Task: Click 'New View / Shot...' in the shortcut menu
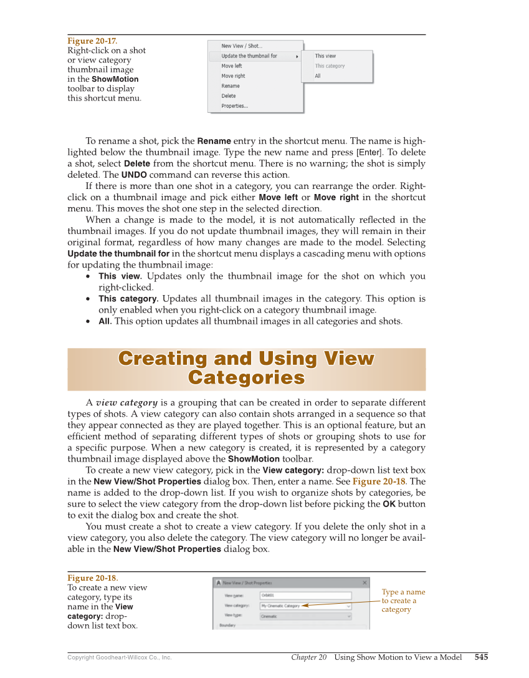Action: [242, 46]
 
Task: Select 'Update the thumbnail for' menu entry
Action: [249, 56]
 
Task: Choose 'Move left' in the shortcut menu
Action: [232, 66]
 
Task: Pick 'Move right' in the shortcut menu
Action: [233, 76]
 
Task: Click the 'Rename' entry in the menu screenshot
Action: [231, 86]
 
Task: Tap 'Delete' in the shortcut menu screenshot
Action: [229, 96]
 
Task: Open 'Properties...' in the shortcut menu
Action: [234, 106]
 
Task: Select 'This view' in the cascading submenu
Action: [325, 56]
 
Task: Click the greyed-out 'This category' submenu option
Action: [330, 66]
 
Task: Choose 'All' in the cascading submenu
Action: [318, 76]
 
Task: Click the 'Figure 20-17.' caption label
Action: [92, 41]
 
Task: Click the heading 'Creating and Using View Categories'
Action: [246, 369]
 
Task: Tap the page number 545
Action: [481, 657]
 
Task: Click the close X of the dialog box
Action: [365, 583]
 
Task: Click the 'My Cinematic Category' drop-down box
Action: [305, 606]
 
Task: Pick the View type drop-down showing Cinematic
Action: [305, 616]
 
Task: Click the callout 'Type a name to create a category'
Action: [403, 601]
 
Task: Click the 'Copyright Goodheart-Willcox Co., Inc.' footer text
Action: [120, 657]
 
